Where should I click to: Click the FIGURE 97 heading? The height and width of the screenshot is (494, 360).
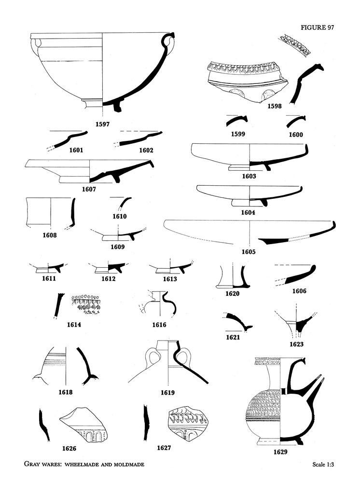click(x=317, y=27)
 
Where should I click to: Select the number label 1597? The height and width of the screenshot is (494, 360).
click(x=102, y=124)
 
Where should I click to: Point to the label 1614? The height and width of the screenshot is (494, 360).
click(x=74, y=325)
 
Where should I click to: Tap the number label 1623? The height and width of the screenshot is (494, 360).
click(x=296, y=344)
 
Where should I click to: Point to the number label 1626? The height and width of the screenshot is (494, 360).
click(x=69, y=449)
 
